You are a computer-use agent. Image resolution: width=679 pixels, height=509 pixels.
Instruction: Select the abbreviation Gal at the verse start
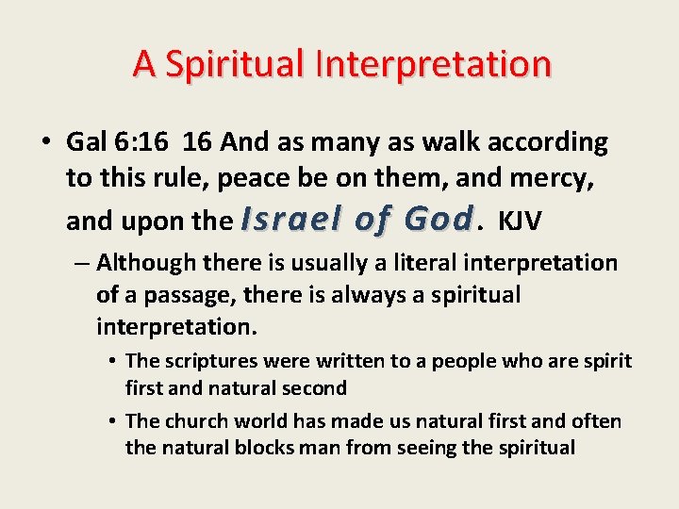86,142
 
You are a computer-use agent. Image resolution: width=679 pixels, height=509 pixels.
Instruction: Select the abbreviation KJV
520,221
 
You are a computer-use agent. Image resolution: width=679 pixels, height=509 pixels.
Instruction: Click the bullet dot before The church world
111,421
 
